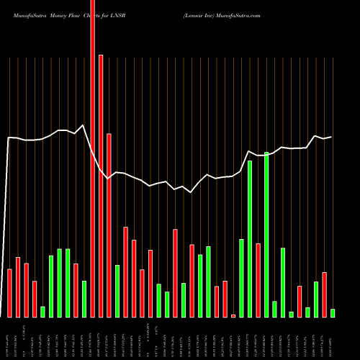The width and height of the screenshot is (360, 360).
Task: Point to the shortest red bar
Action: (x=233, y=315)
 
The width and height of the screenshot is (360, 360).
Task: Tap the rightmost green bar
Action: (x=333, y=312)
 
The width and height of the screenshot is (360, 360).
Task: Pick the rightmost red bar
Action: (x=324, y=294)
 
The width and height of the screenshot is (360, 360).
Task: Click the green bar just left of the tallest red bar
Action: (x=84, y=299)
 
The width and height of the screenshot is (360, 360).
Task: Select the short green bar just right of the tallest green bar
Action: (x=274, y=309)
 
